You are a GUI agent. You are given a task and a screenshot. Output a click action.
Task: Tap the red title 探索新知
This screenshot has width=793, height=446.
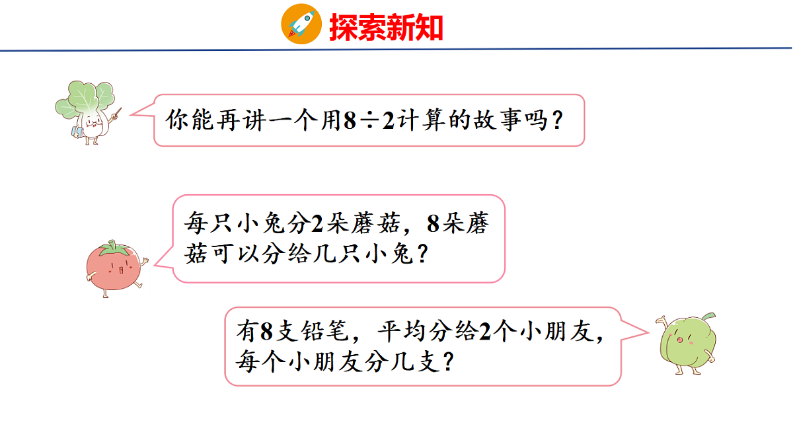coord(386,27)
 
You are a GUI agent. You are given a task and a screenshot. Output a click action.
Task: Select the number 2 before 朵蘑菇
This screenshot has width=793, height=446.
coord(315,225)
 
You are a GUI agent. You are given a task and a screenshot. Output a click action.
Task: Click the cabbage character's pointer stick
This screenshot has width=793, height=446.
coord(116,114)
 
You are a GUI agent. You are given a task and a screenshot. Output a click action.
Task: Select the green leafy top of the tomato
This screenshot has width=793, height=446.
coord(112,249)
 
